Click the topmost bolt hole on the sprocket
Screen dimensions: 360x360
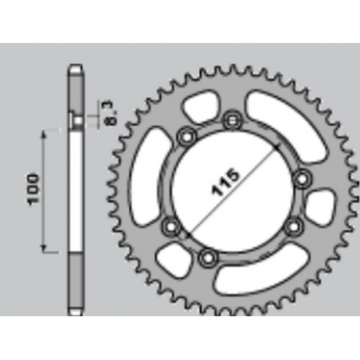coord(232,119)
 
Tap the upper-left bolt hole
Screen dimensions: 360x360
coord(186,135)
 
